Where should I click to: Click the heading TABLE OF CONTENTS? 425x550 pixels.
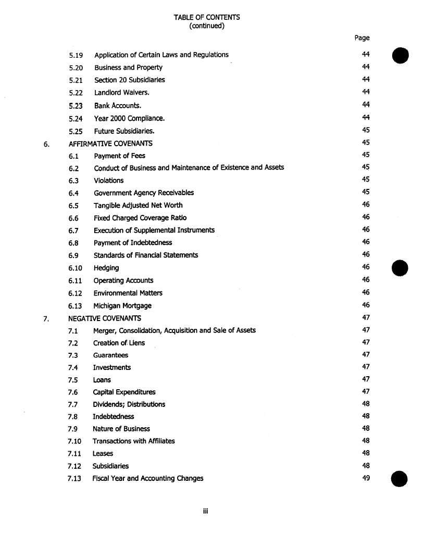[207, 17]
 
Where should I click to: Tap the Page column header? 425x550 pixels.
[362, 37]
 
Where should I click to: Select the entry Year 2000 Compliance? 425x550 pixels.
[129, 118]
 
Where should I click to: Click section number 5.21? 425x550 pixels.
[76, 80]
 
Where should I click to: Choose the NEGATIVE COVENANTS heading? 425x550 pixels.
[105, 318]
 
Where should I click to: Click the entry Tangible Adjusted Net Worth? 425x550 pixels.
[138, 205]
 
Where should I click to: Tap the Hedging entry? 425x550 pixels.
[106, 268]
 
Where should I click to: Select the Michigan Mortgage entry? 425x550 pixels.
[122, 306]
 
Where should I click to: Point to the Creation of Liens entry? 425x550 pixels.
[119, 343]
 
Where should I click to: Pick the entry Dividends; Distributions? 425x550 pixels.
[129, 404]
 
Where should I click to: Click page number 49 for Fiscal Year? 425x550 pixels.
[366, 478]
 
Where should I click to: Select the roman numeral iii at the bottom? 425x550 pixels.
[206, 511]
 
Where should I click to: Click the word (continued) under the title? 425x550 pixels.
[207, 25]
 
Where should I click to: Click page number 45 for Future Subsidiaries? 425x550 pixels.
[366, 131]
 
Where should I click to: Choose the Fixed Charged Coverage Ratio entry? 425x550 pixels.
[140, 218]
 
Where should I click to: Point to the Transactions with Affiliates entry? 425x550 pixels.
[133, 441]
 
